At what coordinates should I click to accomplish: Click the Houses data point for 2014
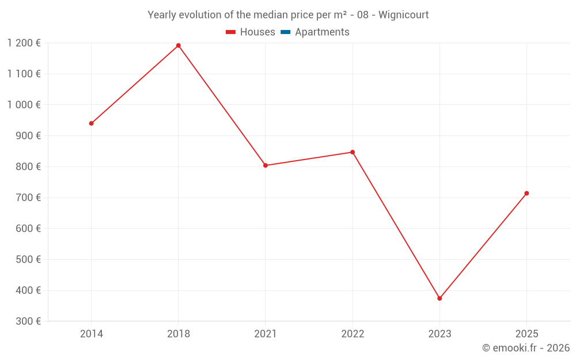[x=91, y=123]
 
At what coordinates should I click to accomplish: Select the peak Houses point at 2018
[x=178, y=46]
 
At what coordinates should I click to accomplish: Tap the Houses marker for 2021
[x=266, y=165]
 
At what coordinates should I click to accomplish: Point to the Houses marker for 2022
[x=353, y=152]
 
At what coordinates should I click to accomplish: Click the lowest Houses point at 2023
[x=439, y=298]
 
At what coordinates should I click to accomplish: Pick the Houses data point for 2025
[x=526, y=194]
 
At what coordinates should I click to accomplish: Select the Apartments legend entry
[x=321, y=32]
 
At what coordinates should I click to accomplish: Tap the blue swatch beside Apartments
[x=285, y=32]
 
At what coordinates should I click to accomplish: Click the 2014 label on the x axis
[x=91, y=334]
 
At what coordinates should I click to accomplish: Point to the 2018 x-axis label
[x=178, y=334]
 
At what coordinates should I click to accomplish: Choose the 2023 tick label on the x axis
[x=439, y=334]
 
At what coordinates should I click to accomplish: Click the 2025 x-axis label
[x=526, y=334]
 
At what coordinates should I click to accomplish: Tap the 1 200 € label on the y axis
[x=24, y=43]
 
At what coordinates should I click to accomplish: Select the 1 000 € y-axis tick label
[x=24, y=105]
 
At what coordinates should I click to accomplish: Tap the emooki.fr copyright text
[x=525, y=348]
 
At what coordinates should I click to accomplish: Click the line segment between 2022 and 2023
[x=396, y=225]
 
